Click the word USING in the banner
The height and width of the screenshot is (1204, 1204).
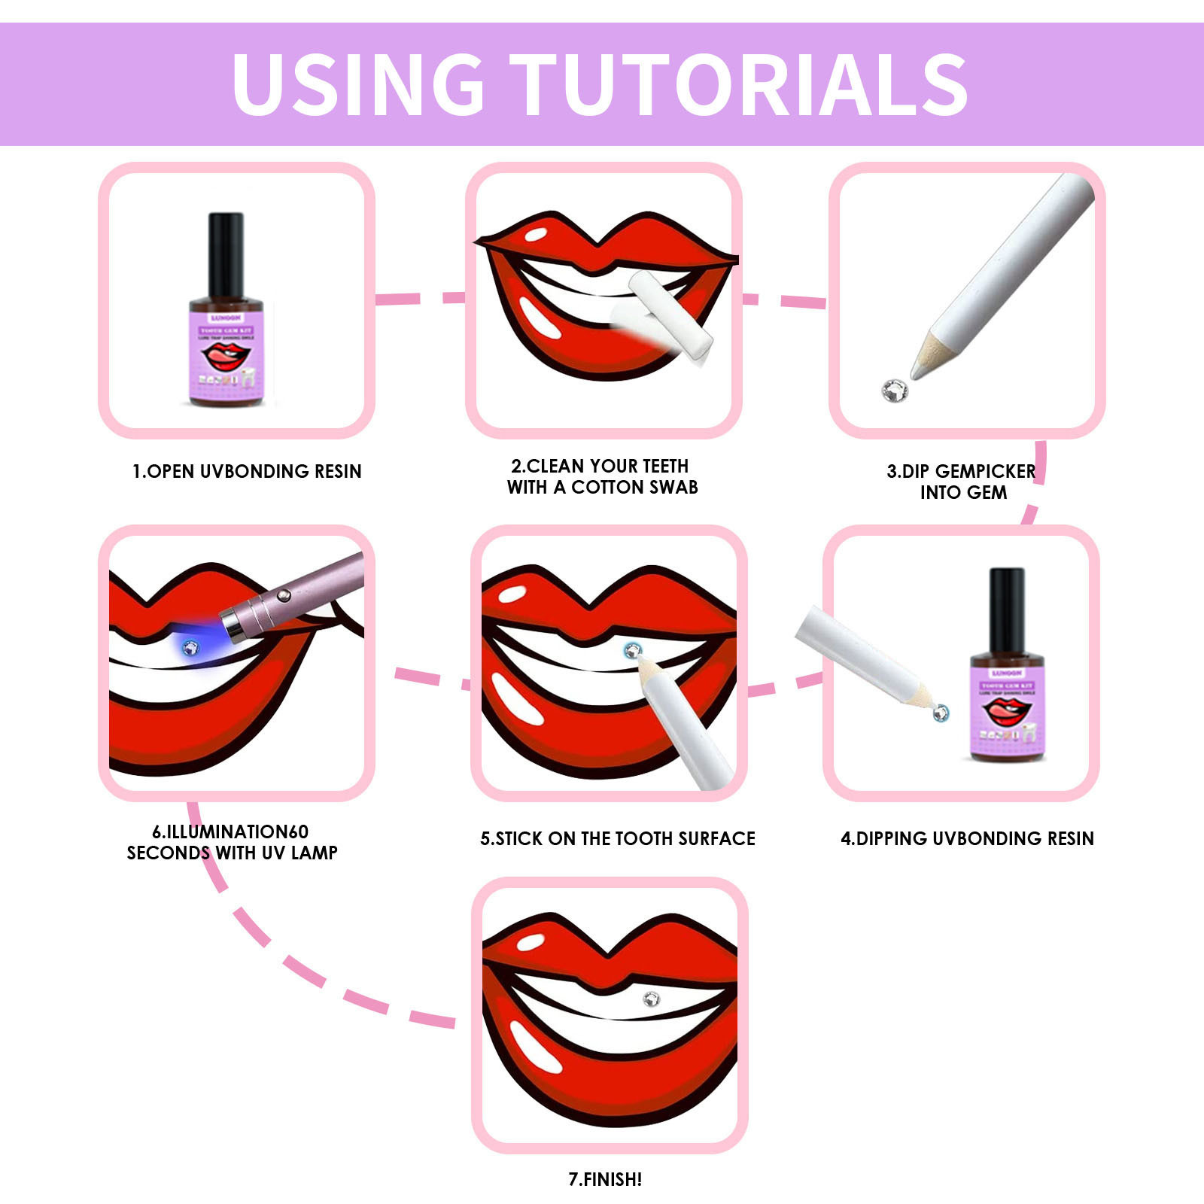(x=358, y=84)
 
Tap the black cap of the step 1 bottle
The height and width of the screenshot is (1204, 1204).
(x=226, y=254)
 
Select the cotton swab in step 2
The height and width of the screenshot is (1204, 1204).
(x=670, y=316)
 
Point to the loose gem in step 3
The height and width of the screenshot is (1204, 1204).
(x=895, y=390)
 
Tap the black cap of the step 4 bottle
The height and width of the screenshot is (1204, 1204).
(x=1007, y=610)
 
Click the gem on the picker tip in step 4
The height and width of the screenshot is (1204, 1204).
(x=941, y=712)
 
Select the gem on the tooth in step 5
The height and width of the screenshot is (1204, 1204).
(x=633, y=650)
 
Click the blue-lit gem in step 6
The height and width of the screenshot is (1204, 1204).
(x=191, y=647)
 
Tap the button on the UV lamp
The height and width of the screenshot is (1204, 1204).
(x=284, y=596)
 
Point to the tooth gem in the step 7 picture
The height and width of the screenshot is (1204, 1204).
(x=652, y=999)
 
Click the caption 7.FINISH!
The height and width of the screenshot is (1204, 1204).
(x=605, y=1179)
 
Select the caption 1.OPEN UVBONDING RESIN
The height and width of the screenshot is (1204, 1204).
(x=247, y=472)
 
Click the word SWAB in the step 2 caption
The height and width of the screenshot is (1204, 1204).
(x=673, y=488)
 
